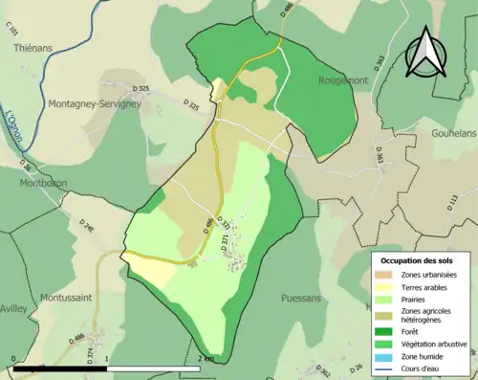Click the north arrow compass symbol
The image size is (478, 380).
(x=424, y=53)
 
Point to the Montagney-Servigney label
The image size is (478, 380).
(x=84, y=86)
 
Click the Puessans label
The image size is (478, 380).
(x=301, y=299)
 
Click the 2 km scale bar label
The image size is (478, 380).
(x=206, y=358)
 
